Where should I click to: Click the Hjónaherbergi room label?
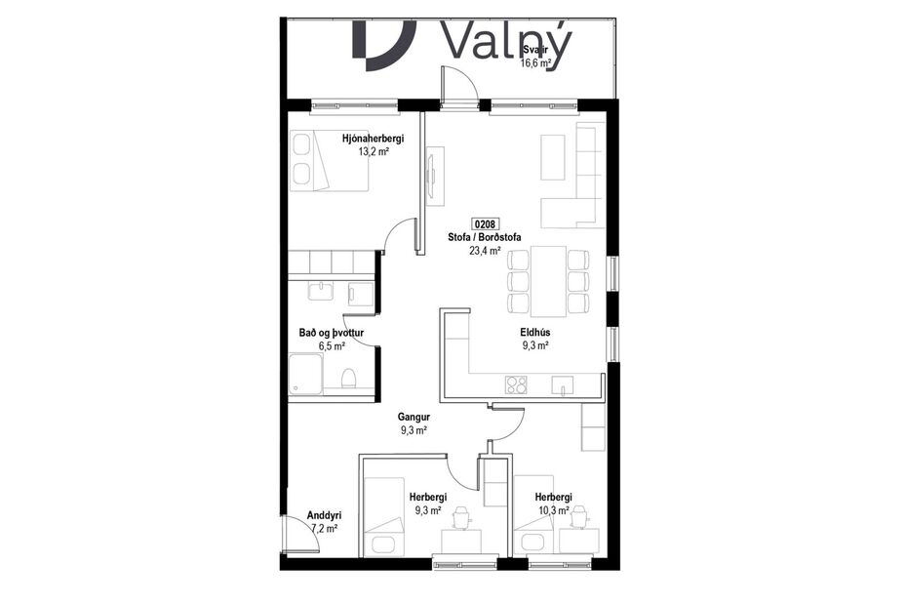click(x=373, y=139)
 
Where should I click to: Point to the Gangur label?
click(x=414, y=417)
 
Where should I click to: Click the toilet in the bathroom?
click(x=349, y=380)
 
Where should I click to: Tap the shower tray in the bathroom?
click(x=306, y=375)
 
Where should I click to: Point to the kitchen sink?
click(x=563, y=384)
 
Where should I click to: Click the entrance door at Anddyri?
click(x=291, y=538)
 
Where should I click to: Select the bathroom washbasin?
click(x=320, y=292)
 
